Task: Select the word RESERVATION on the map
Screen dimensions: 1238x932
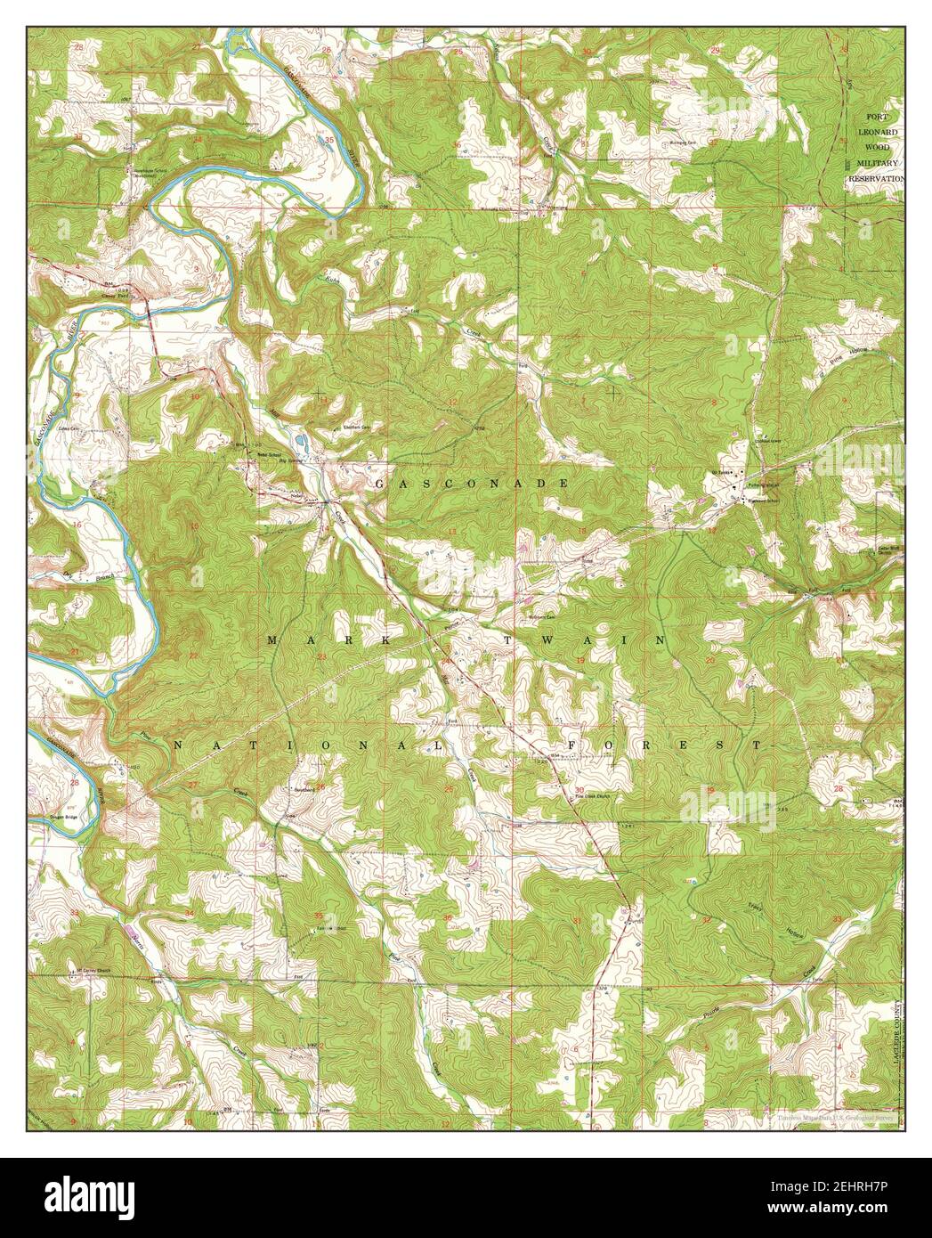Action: [x=876, y=178]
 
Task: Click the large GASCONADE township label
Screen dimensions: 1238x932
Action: [x=472, y=483]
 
